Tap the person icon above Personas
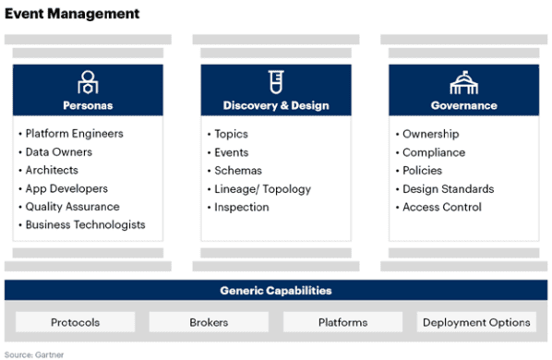tap(89, 82)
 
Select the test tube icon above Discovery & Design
tap(275, 82)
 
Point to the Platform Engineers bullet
tap(74, 134)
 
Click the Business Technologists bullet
tap(85, 225)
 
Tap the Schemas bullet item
tap(237, 171)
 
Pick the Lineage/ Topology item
tap(262, 189)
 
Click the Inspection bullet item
tap(241, 207)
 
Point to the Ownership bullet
tap(430, 134)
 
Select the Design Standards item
tap(448, 189)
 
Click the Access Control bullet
tap(441, 207)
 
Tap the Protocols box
tap(75, 322)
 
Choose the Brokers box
tap(209, 322)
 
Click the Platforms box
tap(342, 322)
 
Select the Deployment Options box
tap(476, 322)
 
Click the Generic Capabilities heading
tap(276, 291)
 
